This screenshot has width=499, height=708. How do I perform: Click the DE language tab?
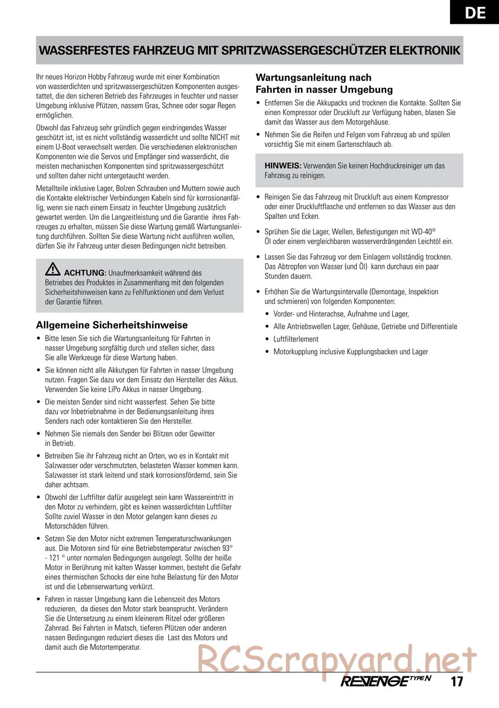pos(475,12)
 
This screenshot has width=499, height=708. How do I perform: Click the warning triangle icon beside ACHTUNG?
pos(52,270)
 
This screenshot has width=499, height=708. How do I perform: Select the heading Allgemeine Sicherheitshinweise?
pos(112,326)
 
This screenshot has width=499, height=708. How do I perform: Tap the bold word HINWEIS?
pos(282,166)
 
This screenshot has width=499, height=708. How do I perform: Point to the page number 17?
pos(457,681)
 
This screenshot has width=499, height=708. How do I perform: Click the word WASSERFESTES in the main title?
pos(82,51)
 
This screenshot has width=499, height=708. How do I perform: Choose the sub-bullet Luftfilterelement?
pos(296,339)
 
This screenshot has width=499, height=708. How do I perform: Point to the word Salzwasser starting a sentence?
pos(60,475)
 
